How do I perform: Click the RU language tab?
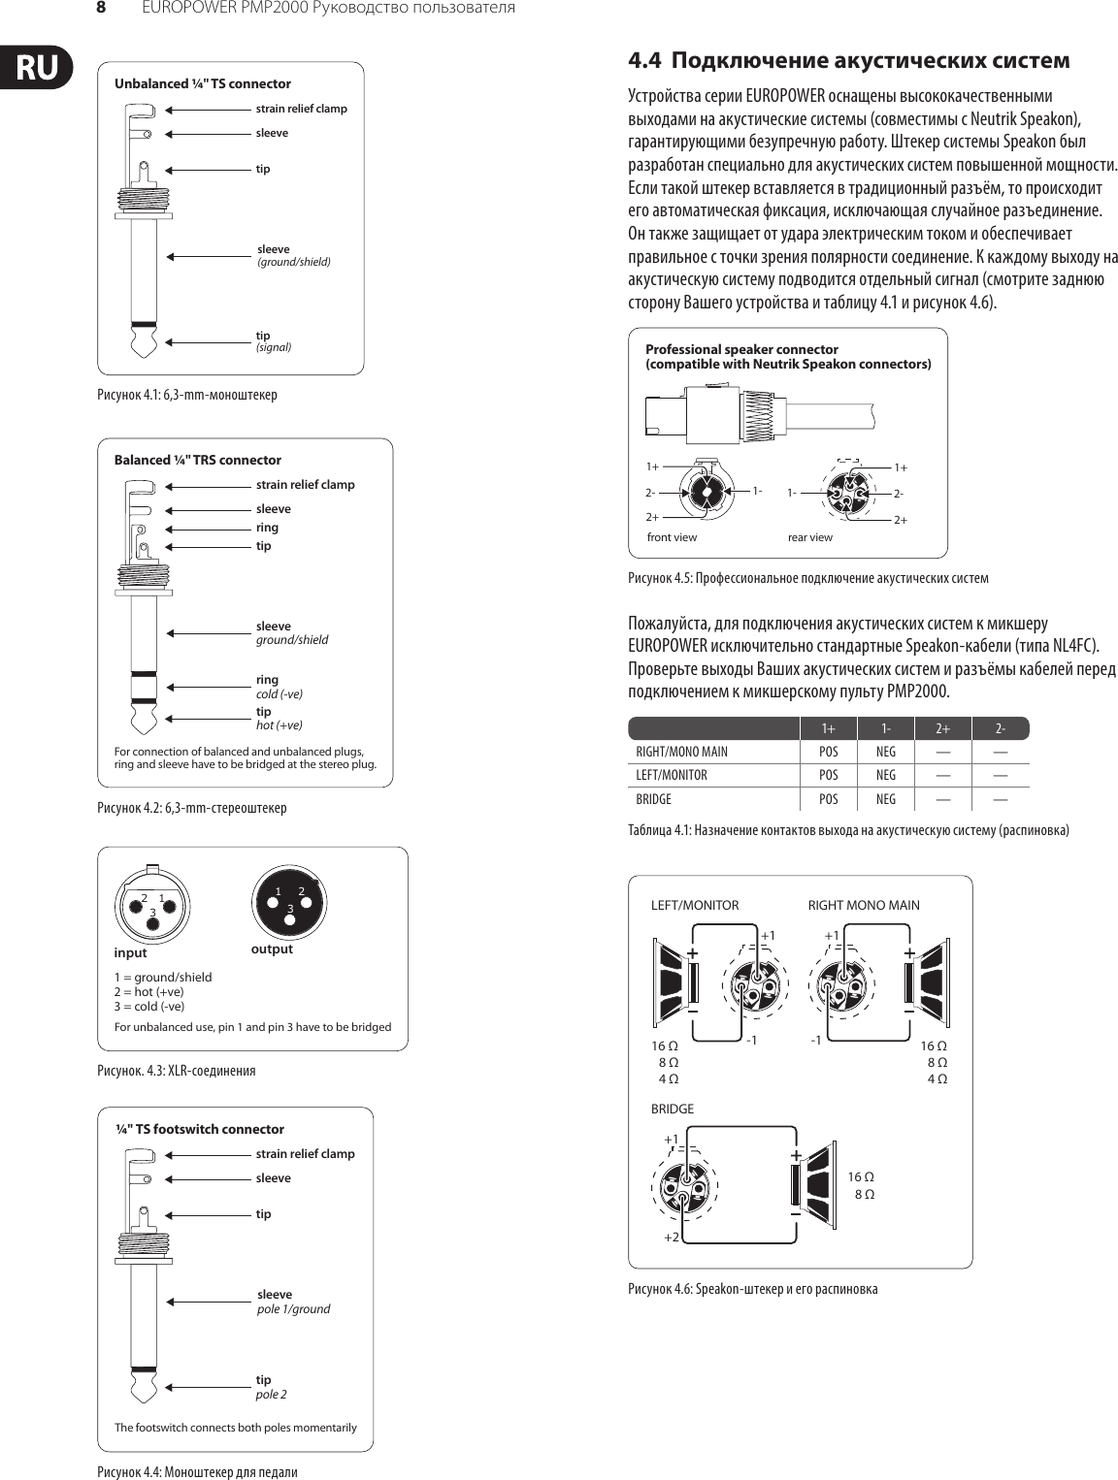(37, 67)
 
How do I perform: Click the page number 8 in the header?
(99, 8)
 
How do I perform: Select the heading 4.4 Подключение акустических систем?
(849, 61)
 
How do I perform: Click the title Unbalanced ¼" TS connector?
(202, 83)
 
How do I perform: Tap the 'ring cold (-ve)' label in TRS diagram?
(279, 687)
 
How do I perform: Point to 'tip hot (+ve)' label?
(279, 719)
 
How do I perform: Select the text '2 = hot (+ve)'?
(148, 991)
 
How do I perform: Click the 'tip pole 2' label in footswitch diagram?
(272, 1387)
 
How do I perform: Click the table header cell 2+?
(942, 728)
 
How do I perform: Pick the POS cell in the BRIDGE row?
(828, 800)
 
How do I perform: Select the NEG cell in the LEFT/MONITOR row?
(886, 776)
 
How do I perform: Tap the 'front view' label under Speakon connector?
(672, 537)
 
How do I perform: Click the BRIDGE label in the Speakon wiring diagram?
(672, 1109)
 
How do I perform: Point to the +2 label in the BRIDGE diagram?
(671, 1238)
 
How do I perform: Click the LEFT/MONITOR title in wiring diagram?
(694, 905)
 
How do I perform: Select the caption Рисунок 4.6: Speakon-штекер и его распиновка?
(752, 1289)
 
